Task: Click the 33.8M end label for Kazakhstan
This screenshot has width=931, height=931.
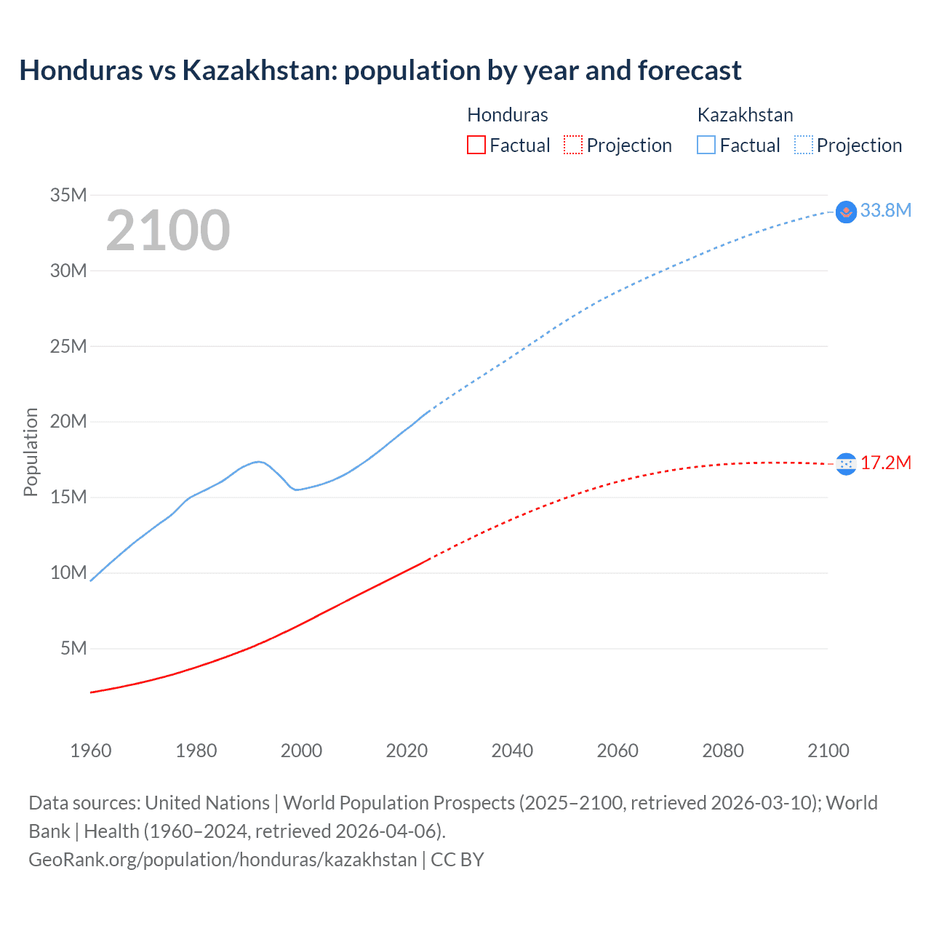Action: point(885,211)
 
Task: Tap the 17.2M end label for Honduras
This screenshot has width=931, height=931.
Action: point(885,463)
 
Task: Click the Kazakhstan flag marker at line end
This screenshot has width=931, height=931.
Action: point(846,212)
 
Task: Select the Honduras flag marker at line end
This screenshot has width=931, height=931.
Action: point(846,463)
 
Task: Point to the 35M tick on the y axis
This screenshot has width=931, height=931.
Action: point(68,195)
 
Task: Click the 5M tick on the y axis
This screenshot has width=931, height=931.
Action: point(73,648)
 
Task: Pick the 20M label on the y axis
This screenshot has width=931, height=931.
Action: point(68,422)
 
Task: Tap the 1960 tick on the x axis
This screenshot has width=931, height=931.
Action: point(91,751)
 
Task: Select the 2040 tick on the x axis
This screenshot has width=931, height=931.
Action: point(512,751)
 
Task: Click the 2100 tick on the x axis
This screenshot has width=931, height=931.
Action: point(828,751)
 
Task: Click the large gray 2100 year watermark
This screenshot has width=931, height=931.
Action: point(168,231)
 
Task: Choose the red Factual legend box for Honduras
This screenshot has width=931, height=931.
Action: point(476,145)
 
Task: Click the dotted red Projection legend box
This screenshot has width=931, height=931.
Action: point(573,145)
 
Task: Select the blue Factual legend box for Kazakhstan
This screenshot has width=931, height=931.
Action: point(706,145)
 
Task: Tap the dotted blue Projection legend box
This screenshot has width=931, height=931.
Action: point(804,145)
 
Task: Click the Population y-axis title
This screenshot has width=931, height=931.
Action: point(31,452)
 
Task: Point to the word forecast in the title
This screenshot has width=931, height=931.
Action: point(690,71)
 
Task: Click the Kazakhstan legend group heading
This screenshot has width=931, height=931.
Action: point(745,115)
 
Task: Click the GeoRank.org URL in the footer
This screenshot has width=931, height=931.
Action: point(223,860)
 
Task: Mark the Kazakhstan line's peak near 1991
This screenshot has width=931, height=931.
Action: point(257,461)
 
